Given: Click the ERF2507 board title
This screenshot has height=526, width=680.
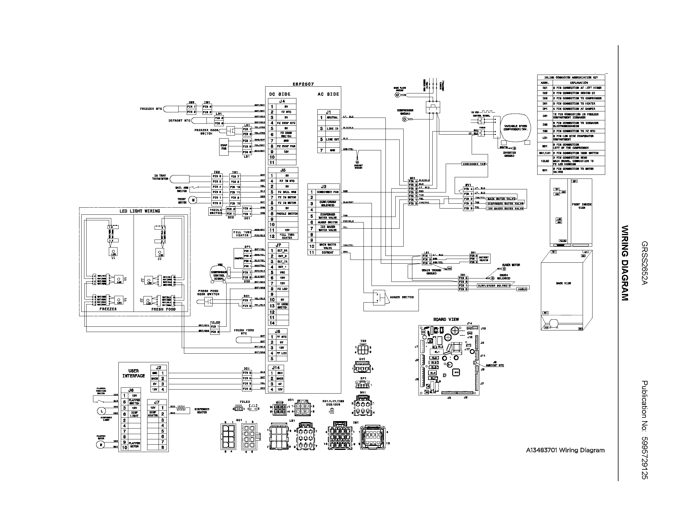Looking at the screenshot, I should pos(303,84).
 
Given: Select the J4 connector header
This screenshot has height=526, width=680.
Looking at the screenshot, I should pos(282,101).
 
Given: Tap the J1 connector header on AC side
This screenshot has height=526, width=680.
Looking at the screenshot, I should pos(329,112).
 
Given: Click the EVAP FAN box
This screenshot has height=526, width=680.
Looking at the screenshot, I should pos(224,147).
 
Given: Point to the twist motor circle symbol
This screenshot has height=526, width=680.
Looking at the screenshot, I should pos(193,200).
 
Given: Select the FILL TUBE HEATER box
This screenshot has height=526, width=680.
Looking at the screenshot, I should pos(242,234).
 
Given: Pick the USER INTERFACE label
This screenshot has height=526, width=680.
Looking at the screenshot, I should pos(134,373).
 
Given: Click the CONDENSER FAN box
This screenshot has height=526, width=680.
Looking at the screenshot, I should pos(474,164).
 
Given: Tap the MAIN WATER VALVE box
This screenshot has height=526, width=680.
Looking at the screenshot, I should pos(501,199).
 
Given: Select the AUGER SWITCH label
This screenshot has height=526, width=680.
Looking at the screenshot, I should pos(402,297).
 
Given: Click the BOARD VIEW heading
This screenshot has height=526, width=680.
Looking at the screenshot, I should pos(446,319).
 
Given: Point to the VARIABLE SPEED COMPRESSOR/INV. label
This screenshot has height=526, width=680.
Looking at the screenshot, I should pos(515,127).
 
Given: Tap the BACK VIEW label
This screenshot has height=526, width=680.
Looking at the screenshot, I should pos(563,283).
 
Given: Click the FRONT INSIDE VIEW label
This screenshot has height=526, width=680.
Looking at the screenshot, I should pos(582,206).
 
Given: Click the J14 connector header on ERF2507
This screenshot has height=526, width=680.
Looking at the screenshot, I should pos(275,368).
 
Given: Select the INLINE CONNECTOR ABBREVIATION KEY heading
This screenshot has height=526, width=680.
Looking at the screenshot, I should pos(571,77).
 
